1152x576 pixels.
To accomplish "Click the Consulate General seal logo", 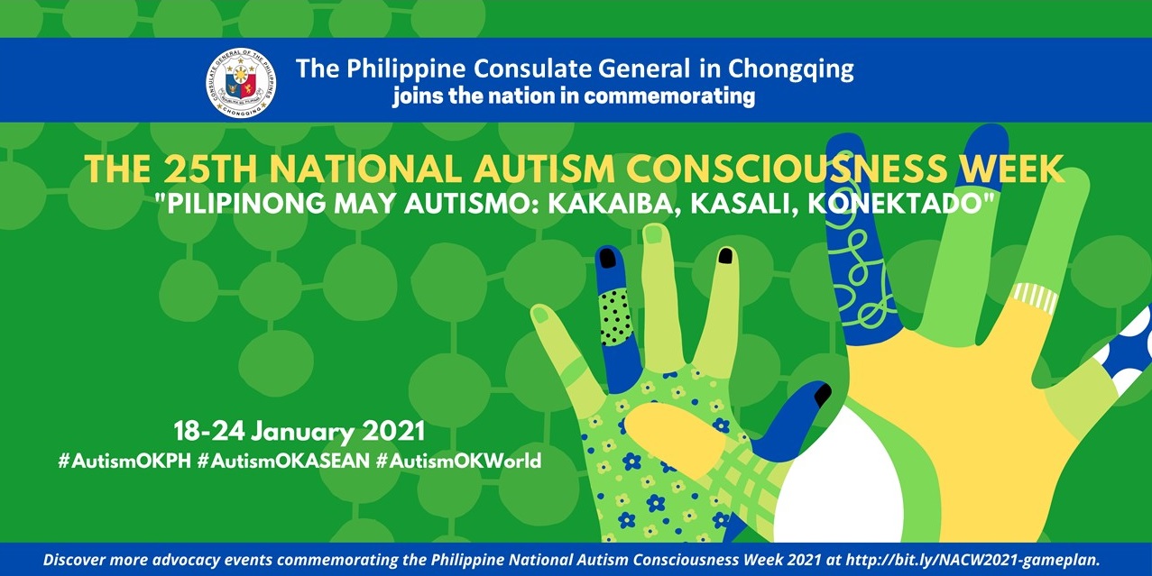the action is (x=241, y=83).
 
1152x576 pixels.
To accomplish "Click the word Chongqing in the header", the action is (x=791, y=70).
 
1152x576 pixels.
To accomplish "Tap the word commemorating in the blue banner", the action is (x=669, y=96).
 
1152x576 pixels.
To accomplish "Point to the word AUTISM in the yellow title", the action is (x=544, y=169).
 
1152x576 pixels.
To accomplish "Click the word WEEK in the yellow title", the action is (x=1011, y=169).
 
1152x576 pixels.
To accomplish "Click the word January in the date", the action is (x=302, y=432).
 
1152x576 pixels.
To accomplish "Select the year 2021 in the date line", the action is (x=393, y=431).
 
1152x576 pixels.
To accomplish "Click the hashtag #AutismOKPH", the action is (x=124, y=461).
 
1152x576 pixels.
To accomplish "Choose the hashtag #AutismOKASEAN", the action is (x=283, y=461).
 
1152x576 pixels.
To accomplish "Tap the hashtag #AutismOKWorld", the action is (x=459, y=461).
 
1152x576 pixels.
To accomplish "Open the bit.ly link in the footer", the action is (x=972, y=560).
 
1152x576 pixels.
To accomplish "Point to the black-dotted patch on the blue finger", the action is (x=615, y=316).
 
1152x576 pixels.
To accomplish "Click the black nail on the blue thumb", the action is (x=822, y=395).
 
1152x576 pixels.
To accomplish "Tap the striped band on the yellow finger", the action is (x=1035, y=298).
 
